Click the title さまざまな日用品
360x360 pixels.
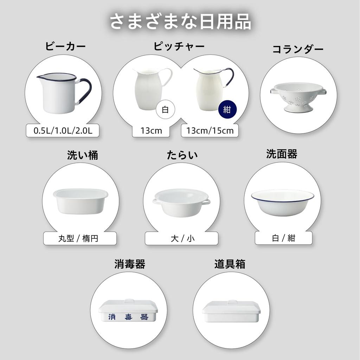coord(180,22)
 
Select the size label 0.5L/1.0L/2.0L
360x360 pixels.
coord(63,131)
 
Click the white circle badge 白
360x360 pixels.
coord(165,109)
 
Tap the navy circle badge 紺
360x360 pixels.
coord(227,109)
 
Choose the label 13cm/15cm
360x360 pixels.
coord(210,131)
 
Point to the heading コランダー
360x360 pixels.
coord(298,49)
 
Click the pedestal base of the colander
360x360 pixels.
coord(298,107)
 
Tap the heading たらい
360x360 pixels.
coord(182,155)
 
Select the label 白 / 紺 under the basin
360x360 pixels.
coord(283,238)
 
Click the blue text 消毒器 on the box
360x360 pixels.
coord(128,317)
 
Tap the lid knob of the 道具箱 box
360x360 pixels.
coord(232,302)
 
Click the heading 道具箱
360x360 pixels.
coord(230,264)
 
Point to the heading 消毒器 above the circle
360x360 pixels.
coord(130,264)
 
